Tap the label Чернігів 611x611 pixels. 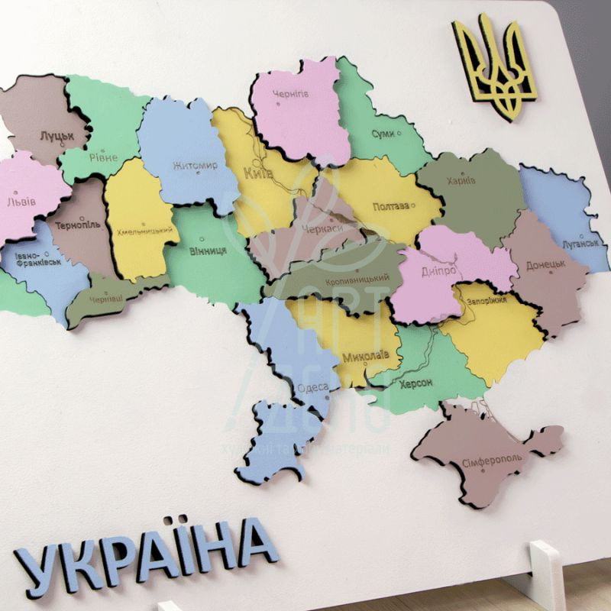pos(291,94)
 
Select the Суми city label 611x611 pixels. pos(383,134)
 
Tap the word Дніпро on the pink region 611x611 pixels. pos(438,272)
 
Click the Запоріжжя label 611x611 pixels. pos(484,300)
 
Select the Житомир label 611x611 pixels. pos(196,166)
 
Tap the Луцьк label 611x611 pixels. pos(57,135)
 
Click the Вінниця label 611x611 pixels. pos(207,251)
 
